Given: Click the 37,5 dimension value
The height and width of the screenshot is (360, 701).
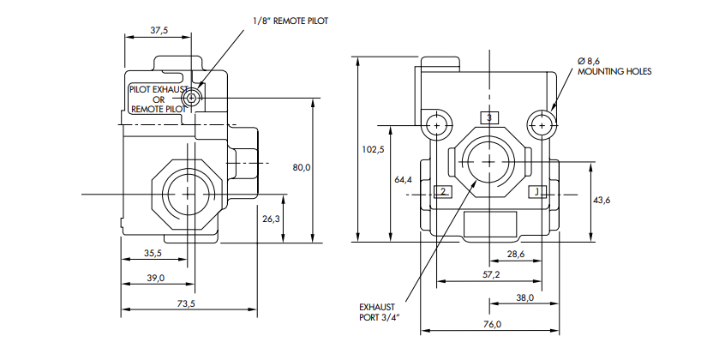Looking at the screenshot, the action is click(159, 30).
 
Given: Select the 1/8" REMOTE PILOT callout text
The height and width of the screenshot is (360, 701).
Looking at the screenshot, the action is click(291, 21).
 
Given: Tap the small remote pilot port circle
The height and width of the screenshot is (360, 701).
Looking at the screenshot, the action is click(192, 98).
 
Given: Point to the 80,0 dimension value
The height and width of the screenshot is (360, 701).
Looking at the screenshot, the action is click(302, 167).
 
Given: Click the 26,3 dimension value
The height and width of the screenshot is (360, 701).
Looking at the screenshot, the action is click(272, 219).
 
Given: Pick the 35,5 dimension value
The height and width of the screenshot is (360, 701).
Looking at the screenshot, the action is click(153, 253).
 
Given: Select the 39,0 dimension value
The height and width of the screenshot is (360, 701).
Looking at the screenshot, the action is click(156, 278).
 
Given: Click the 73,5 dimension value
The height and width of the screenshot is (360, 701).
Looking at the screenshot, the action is click(186, 303).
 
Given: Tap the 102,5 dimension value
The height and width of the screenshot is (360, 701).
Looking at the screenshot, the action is click(373, 149).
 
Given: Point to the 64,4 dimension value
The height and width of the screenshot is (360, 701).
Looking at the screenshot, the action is click(403, 179).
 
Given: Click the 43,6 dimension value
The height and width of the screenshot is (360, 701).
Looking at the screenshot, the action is click(602, 200).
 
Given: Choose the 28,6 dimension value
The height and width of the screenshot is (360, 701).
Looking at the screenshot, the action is click(516, 254).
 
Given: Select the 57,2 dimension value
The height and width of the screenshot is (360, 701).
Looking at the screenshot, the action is click(491, 274).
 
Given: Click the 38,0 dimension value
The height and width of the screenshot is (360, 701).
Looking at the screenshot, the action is click(524, 297).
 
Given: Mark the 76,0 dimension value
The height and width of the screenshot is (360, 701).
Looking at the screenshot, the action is click(492, 324).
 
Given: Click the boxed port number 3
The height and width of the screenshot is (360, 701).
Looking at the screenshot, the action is click(489, 117).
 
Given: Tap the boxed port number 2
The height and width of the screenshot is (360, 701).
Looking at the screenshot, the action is click(443, 192).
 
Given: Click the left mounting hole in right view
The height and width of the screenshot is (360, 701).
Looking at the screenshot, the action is click(437, 126).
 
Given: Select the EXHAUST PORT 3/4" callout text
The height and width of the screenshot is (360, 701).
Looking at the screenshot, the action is click(379, 312).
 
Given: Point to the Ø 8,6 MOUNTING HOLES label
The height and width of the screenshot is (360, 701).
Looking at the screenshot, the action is click(614, 66).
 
